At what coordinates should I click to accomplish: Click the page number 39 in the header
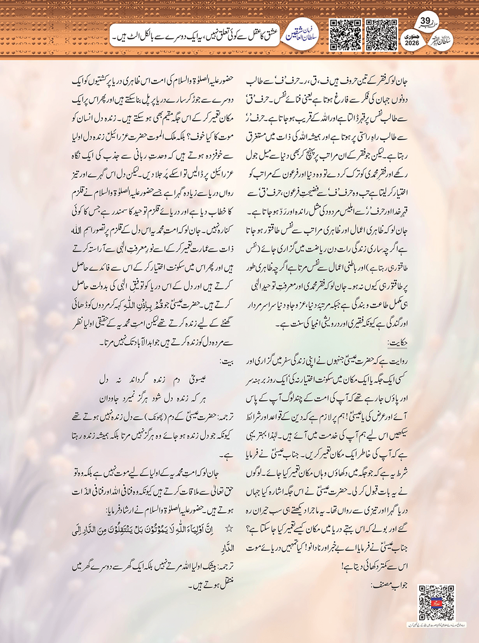(x=425, y=21)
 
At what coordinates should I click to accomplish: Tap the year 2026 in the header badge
(x=412, y=43)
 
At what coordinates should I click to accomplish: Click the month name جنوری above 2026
(x=412, y=36)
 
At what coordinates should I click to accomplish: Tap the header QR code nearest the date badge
(x=381, y=35)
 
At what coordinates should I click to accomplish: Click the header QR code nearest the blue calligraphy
(x=345, y=35)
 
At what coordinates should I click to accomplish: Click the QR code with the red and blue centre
(x=436, y=602)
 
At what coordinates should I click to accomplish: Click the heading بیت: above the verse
(x=227, y=362)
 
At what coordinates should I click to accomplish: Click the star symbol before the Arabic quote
(x=229, y=529)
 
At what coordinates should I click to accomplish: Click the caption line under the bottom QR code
(x=436, y=624)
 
